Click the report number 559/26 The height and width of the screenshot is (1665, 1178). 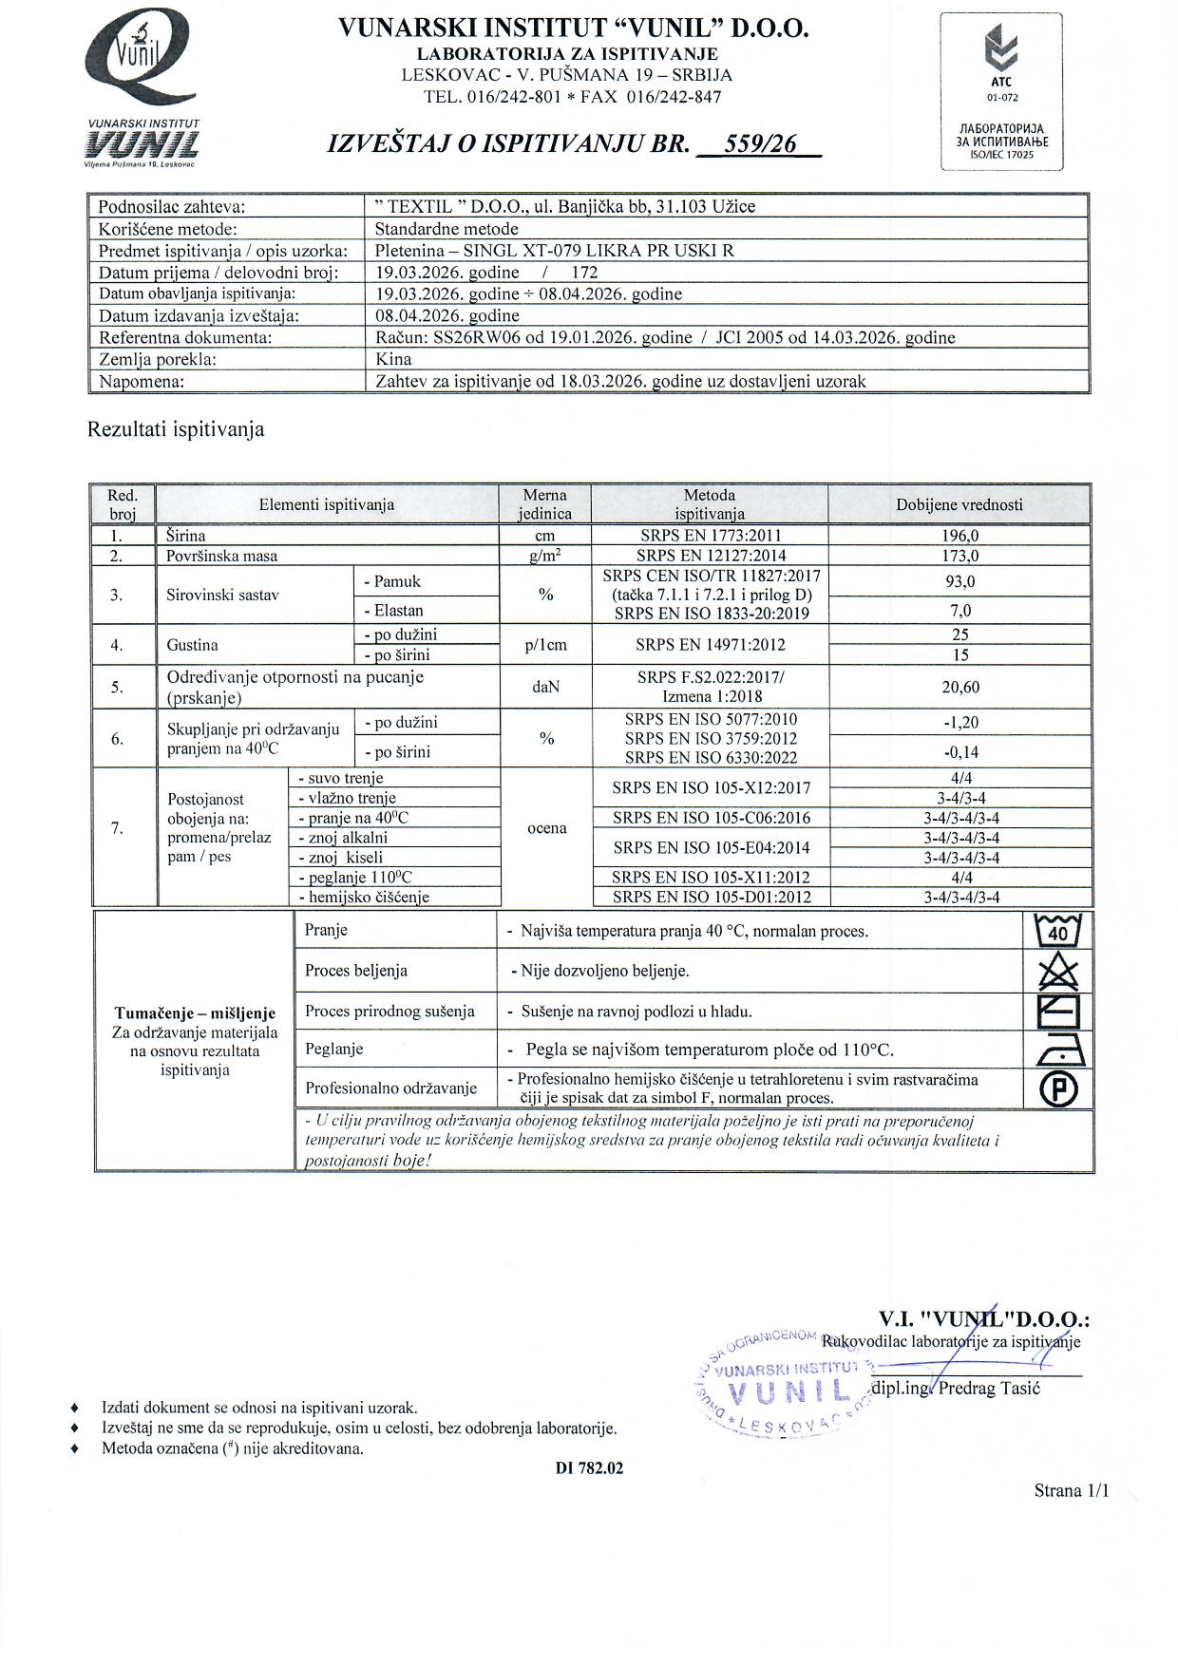(760, 144)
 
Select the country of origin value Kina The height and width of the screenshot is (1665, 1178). (393, 359)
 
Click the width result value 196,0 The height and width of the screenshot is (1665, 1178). (959, 536)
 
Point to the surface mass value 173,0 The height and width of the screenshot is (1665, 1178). (959, 556)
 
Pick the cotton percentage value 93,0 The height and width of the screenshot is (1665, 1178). (959, 581)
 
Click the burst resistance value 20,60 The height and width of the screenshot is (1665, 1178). (959, 687)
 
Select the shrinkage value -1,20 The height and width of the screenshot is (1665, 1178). (960, 723)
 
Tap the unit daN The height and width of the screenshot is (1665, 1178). (545, 686)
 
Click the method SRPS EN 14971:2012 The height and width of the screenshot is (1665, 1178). (710, 645)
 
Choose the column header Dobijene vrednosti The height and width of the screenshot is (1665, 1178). (959, 504)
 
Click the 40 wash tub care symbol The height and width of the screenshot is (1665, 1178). (1057, 931)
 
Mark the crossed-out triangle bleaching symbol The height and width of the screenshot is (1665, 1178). (1057, 971)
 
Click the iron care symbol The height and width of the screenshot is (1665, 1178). (1057, 1050)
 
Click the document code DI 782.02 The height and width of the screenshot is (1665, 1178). (589, 1467)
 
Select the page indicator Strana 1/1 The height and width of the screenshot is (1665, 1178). (1071, 1491)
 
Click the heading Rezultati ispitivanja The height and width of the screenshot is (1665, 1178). (176, 429)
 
